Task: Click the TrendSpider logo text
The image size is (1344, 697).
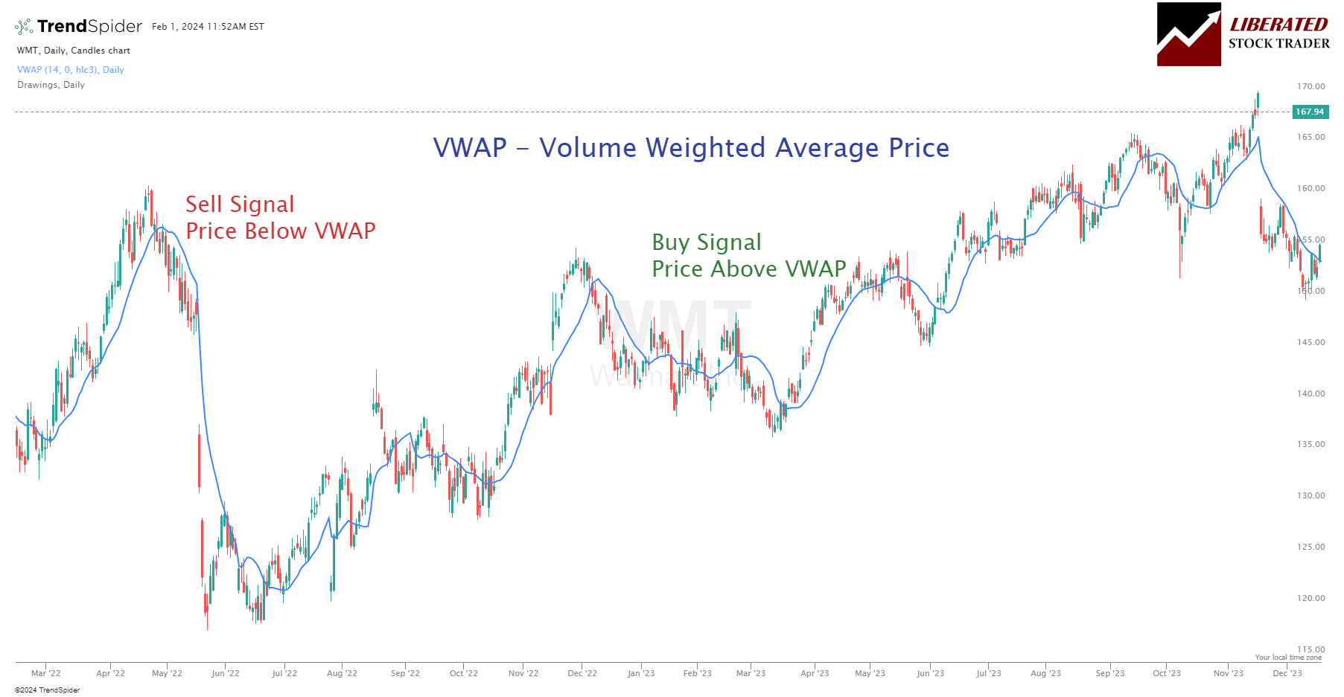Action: (89, 26)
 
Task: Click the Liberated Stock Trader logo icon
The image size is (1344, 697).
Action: (1188, 34)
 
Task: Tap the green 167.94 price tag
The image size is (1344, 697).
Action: (1310, 112)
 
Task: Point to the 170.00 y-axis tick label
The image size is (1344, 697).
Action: (1310, 86)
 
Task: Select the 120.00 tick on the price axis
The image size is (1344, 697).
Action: (1310, 598)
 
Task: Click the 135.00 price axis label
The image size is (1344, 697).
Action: (1310, 444)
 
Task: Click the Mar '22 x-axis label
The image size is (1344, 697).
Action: (46, 673)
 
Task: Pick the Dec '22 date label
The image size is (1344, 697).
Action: (582, 673)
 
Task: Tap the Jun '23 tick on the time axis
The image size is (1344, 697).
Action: (930, 673)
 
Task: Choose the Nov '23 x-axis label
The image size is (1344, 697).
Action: (1228, 673)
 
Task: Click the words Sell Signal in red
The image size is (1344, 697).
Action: (240, 205)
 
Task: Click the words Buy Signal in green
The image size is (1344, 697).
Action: (707, 242)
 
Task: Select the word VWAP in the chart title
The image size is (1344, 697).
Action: (470, 148)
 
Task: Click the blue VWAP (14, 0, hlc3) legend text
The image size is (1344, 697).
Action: (71, 70)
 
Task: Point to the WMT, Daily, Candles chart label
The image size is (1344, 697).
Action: (74, 51)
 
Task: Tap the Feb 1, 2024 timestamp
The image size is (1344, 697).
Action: (208, 27)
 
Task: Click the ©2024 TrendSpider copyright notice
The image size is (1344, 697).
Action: (47, 690)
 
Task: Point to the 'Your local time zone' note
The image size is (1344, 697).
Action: (1288, 658)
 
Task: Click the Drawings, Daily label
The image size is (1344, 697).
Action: (51, 85)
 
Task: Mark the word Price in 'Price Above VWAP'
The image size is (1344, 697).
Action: (678, 269)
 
